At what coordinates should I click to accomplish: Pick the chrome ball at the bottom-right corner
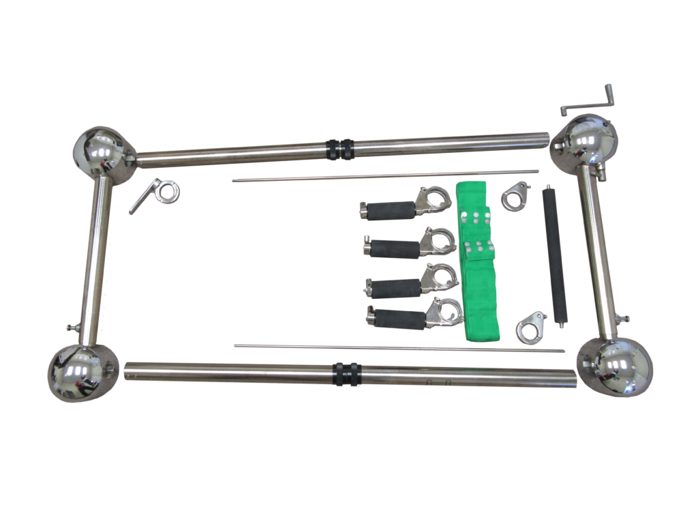[616, 368]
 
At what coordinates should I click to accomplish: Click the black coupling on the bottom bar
[347, 374]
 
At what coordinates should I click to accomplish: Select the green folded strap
[479, 259]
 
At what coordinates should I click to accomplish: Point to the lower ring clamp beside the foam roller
[532, 326]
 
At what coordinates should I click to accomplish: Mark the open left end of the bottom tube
[130, 370]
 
